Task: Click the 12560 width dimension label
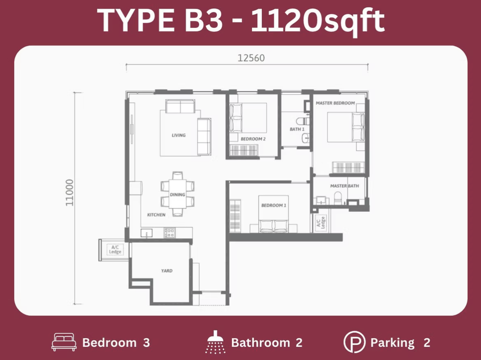click(251, 58)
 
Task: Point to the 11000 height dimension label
click(70, 193)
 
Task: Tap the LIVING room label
click(178, 135)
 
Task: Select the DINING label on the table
click(178, 195)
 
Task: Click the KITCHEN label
click(156, 215)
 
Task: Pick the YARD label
click(166, 271)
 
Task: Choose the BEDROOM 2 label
click(253, 139)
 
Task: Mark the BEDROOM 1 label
click(274, 205)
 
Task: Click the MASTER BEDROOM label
click(335, 103)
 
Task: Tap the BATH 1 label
click(297, 129)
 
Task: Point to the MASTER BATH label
click(344, 186)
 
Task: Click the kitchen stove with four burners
click(170, 233)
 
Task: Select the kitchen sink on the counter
click(146, 233)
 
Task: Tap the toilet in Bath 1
click(303, 121)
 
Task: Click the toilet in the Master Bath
click(338, 198)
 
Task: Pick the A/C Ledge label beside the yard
click(115, 250)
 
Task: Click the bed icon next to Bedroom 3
click(64, 342)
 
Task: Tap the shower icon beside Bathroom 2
click(215, 342)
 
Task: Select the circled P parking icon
click(354, 342)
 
